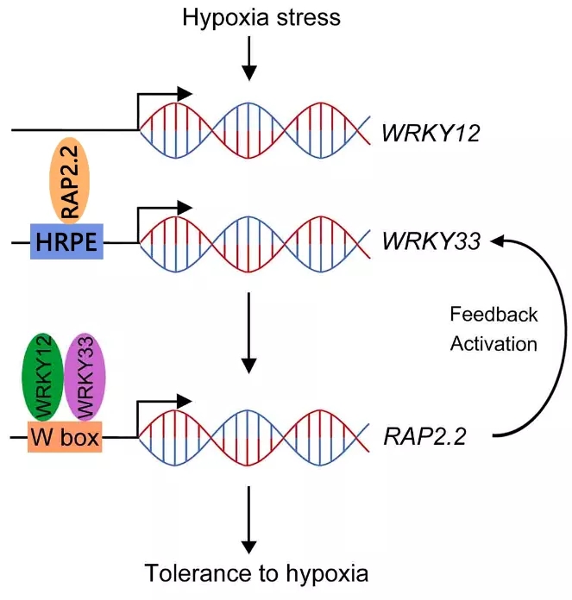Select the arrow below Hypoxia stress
(x=248, y=60)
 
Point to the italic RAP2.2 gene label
(x=424, y=437)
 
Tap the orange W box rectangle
(x=65, y=438)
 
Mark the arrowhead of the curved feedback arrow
(x=500, y=243)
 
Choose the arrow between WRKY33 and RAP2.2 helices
(x=248, y=332)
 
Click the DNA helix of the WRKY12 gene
(x=255, y=129)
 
